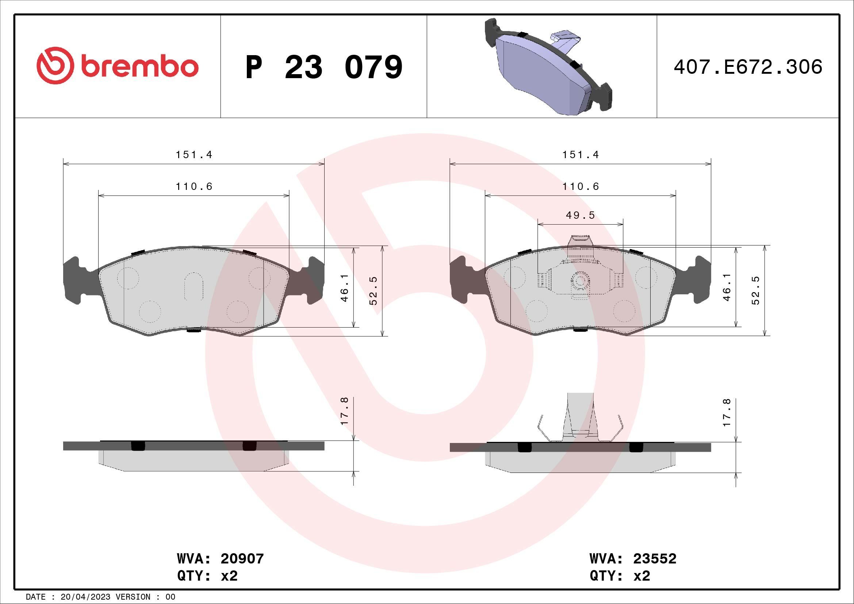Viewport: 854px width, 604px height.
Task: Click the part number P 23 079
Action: [x=323, y=67]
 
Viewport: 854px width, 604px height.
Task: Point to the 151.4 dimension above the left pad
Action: [x=194, y=155]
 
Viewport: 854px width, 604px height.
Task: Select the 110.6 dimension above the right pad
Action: [x=581, y=187]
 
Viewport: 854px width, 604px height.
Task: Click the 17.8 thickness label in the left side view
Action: [x=344, y=411]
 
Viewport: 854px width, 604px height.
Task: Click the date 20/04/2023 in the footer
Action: [x=85, y=597]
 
